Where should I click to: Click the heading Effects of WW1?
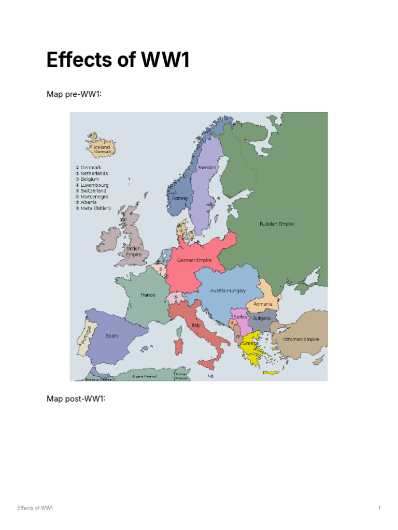point(118,60)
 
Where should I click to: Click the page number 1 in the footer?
point(379,508)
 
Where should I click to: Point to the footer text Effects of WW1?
point(35,508)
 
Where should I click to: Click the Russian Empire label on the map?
point(277,224)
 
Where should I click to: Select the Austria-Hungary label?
point(228,290)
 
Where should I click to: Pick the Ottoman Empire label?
point(301,340)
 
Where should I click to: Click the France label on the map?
point(148,295)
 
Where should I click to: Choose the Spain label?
point(112,335)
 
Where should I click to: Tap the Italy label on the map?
point(196,325)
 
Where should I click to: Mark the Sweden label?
point(207,168)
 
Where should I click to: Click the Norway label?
point(180,198)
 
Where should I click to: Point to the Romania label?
point(263,303)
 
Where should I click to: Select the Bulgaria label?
point(262,318)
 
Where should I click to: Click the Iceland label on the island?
point(102,147)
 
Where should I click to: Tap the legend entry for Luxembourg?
point(94,185)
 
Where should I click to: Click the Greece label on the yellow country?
point(250,343)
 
